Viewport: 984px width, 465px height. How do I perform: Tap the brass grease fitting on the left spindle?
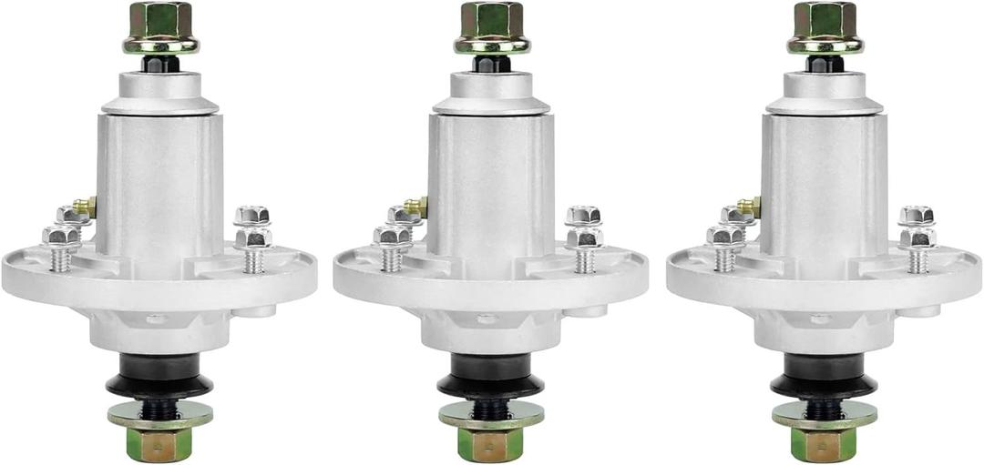point(86,207)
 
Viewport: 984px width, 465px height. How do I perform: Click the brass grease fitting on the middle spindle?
point(417,207)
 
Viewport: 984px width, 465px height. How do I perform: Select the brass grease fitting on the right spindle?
point(751,207)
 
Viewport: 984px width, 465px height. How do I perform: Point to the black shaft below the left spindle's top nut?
point(160,64)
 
